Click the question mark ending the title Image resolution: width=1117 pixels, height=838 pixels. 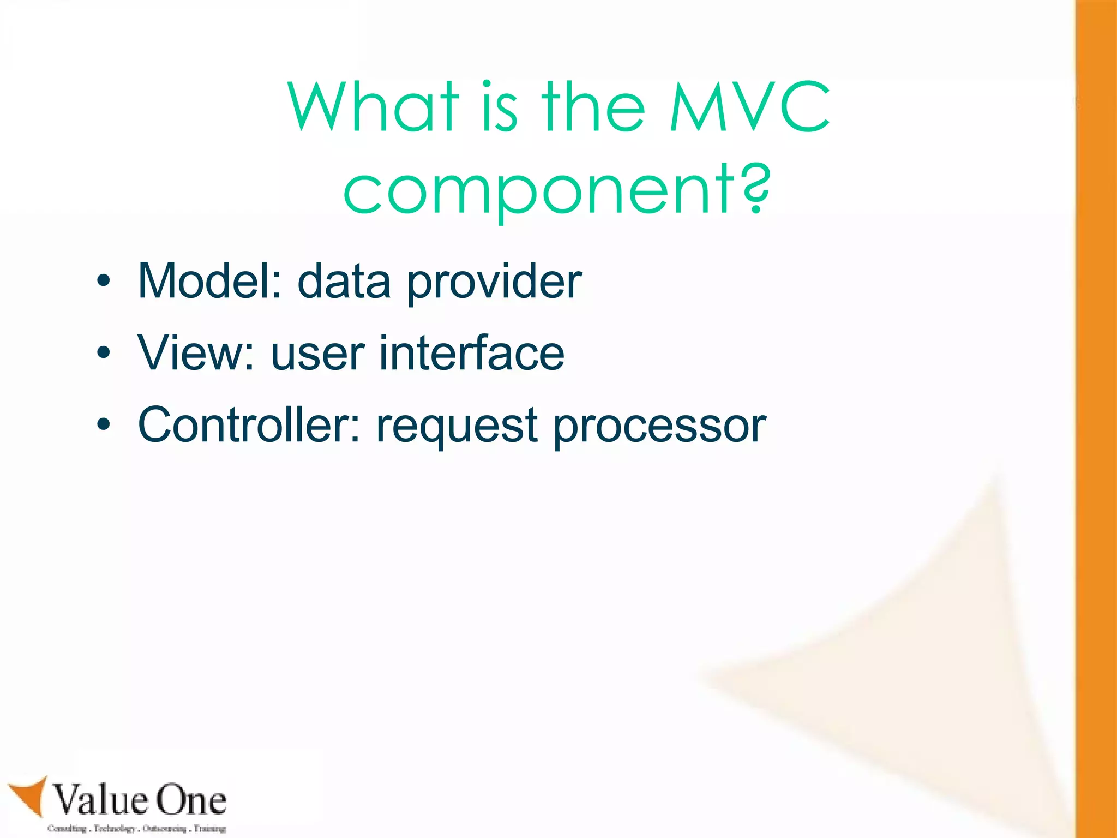point(754,188)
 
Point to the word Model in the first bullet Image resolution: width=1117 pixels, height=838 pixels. point(209,281)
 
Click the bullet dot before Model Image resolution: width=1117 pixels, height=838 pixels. point(103,282)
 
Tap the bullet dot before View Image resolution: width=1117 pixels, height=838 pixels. point(103,354)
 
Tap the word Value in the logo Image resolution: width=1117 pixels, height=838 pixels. point(101,800)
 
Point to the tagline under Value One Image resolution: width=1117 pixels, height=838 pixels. point(136,828)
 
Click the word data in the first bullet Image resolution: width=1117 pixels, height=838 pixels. point(344,282)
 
